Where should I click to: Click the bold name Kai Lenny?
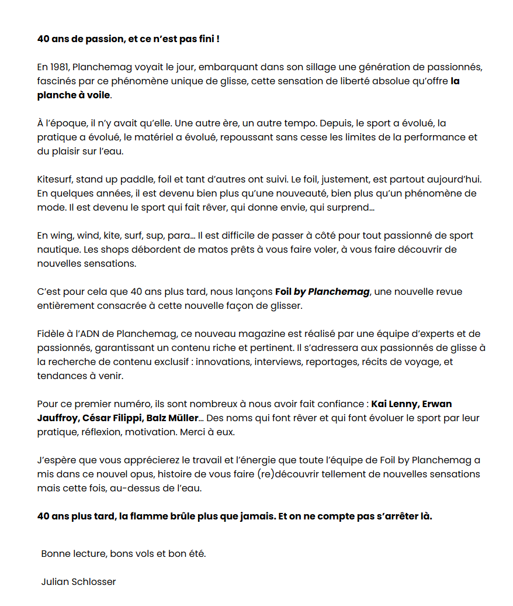click(x=394, y=404)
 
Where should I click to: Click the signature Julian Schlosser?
click(x=78, y=582)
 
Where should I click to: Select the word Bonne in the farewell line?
click(x=56, y=554)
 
